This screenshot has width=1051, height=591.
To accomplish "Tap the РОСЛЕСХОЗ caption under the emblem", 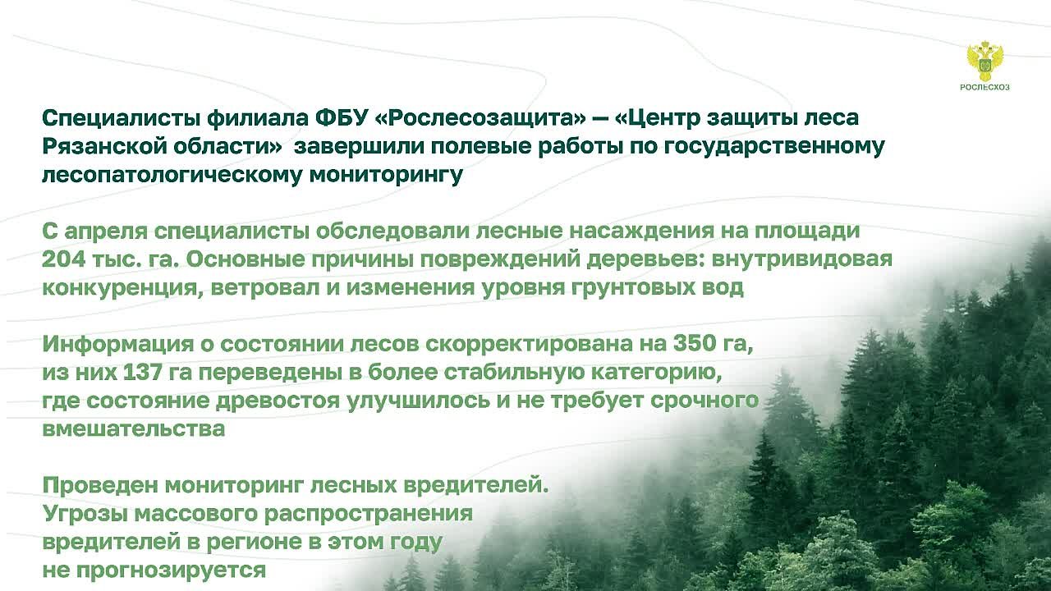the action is tap(984, 87).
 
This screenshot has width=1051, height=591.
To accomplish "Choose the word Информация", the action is tap(117, 345).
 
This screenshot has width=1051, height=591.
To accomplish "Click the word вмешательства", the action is tap(134, 428).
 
